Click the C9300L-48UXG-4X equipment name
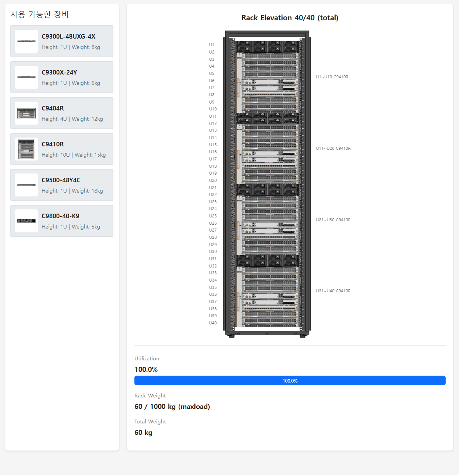click(68, 36)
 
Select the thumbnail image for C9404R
click(26, 113)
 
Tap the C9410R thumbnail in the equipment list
click(26, 149)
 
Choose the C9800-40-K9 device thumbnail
click(26, 220)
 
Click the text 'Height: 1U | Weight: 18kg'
click(72, 191)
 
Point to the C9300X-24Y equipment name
click(59, 72)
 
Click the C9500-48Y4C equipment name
click(61, 180)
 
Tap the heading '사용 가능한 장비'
click(40, 15)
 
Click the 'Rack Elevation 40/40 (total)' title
click(290, 18)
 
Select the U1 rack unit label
click(212, 45)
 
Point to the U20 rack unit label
click(213, 180)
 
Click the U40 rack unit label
click(213, 323)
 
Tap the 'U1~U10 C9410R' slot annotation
click(332, 77)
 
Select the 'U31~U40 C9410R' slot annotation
click(333, 291)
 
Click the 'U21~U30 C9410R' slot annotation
click(333, 220)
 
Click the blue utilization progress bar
click(290, 381)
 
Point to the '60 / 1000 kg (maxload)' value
click(172, 407)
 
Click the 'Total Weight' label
click(150, 422)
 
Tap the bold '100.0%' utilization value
click(146, 369)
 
